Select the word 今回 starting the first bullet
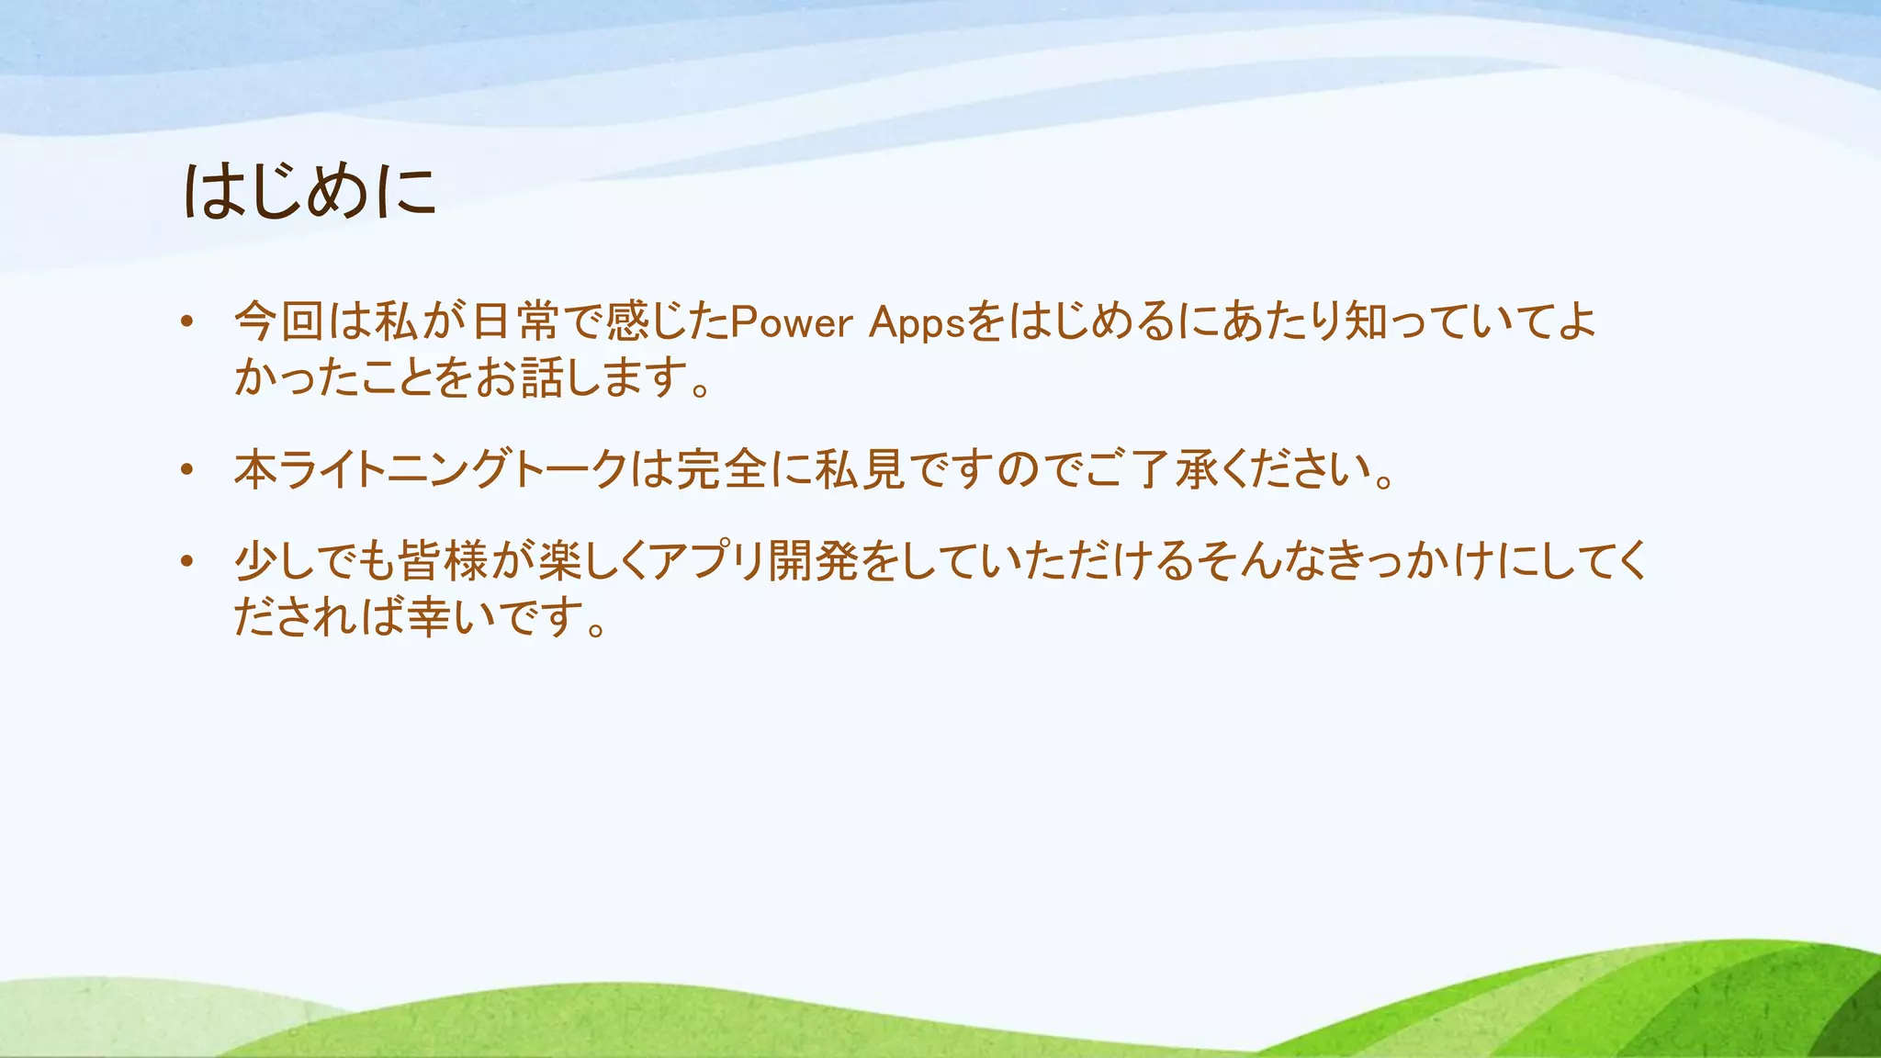coord(279,321)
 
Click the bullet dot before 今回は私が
coord(187,322)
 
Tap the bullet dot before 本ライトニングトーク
coord(187,469)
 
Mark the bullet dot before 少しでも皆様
coord(187,561)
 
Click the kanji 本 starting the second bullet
coord(256,469)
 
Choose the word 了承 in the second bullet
coord(1175,469)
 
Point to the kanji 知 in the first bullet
coord(1366,321)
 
